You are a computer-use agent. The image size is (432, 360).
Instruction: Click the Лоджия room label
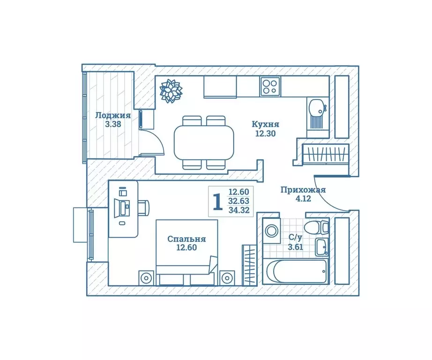click(112, 115)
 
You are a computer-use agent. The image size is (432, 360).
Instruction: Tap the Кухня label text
click(265, 124)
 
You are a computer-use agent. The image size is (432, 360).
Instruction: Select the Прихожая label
click(303, 190)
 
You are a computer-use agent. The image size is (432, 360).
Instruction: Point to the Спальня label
click(186, 239)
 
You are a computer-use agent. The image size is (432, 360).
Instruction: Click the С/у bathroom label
click(295, 238)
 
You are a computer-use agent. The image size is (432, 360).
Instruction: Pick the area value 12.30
click(265, 133)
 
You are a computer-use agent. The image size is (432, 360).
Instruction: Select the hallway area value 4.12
click(303, 199)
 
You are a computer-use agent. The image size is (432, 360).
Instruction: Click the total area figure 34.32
click(238, 210)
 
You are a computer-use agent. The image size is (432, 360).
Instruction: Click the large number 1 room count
click(217, 202)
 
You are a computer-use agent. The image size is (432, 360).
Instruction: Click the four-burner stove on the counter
click(270, 86)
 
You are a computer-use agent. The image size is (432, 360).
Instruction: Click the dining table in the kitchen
click(204, 143)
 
